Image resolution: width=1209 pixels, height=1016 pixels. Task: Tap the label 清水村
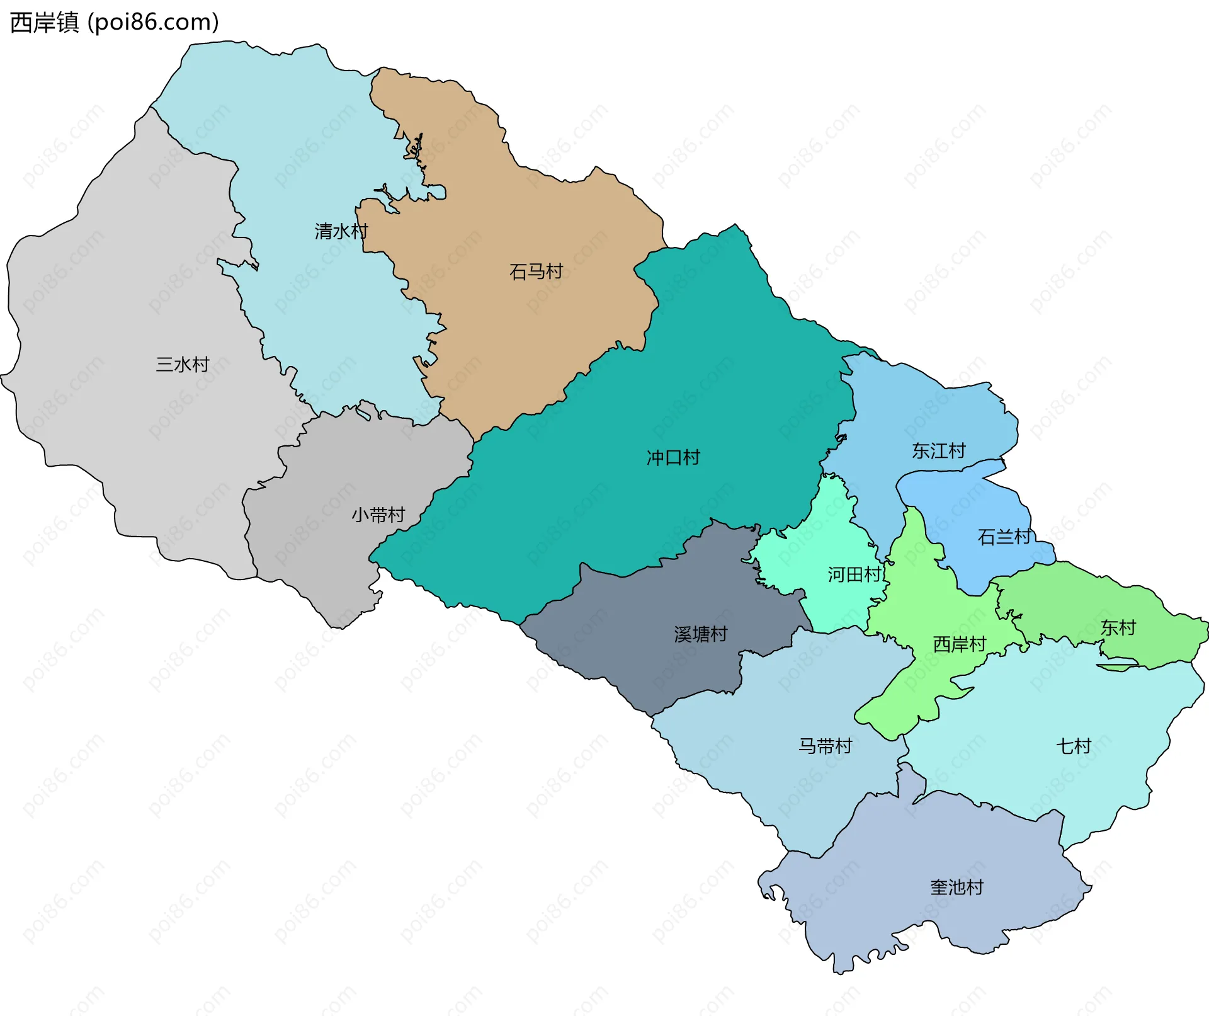point(341,231)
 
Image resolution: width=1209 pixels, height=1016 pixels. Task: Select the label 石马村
point(535,271)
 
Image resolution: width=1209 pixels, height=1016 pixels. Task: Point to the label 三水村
point(182,364)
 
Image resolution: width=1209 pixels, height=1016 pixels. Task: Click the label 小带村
point(378,515)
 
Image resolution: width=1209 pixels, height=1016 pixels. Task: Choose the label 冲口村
point(673,457)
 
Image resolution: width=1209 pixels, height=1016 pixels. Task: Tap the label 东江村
point(938,450)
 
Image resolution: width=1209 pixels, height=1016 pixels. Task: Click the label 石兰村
point(1004,537)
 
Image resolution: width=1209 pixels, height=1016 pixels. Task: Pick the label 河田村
point(854,574)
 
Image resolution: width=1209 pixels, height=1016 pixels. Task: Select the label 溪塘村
point(700,634)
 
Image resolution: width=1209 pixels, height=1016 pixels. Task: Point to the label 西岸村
point(959,644)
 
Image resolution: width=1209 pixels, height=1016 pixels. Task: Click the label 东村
point(1118,627)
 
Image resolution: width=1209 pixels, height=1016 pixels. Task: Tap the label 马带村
point(825,746)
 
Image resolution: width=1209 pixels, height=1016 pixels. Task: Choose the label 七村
point(1073,746)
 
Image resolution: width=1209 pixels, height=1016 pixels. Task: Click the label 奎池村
point(956,887)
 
